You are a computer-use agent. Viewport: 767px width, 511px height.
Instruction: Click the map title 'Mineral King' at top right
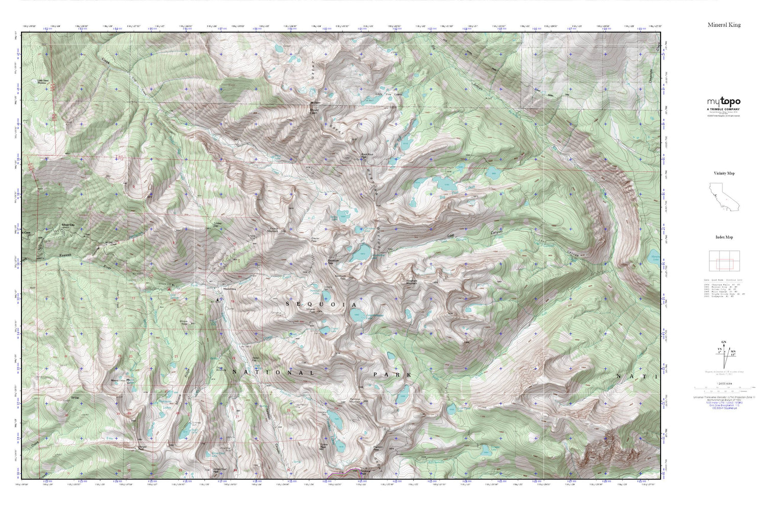(724, 25)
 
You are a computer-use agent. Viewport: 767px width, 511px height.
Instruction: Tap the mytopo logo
(724, 102)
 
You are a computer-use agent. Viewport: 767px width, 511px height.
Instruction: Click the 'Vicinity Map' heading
(724, 173)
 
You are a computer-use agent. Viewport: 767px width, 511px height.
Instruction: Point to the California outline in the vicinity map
(724, 199)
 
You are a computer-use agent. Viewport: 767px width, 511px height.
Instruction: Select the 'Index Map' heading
(724, 237)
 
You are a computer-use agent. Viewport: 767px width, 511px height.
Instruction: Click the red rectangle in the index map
(725, 264)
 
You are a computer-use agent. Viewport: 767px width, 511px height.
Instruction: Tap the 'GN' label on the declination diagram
(723, 342)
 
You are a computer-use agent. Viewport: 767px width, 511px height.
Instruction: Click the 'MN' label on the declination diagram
(733, 352)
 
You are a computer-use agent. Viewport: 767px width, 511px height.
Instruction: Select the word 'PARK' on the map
(392, 375)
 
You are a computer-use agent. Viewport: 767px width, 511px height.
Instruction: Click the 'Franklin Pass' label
(379, 448)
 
